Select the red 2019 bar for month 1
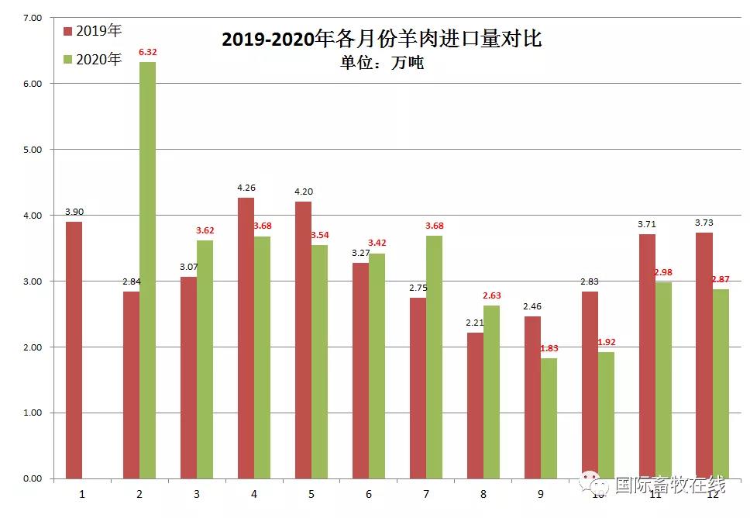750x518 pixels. pyautogui.click(x=74, y=350)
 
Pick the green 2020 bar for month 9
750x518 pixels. pyautogui.click(x=549, y=418)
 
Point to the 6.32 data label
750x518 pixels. pyautogui.click(x=147, y=52)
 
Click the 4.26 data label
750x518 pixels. pyautogui.click(x=246, y=187)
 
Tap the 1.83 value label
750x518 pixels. pyautogui.click(x=549, y=348)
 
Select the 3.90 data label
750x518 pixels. pyautogui.click(x=74, y=212)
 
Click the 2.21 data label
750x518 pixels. pyautogui.click(x=474, y=323)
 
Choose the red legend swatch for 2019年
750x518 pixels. pyautogui.click(x=67, y=32)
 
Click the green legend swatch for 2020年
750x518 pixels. pyautogui.click(x=67, y=59)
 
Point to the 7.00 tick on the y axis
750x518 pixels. pyautogui.click(x=31, y=17)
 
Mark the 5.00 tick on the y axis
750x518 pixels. pyautogui.click(x=31, y=149)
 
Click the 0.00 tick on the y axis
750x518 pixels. pyautogui.click(x=31, y=478)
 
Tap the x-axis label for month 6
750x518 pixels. pyautogui.click(x=369, y=493)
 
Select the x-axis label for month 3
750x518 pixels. pyautogui.click(x=197, y=493)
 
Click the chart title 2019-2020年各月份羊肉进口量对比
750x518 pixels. pyautogui.click(x=381, y=39)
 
